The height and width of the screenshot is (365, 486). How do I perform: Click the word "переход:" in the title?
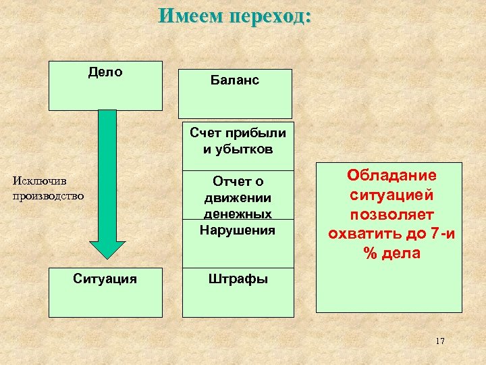point(270,16)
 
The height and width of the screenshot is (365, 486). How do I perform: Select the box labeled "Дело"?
point(105,85)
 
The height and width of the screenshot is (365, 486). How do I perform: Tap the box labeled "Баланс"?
point(234,93)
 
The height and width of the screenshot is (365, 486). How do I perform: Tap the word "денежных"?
point(237,214)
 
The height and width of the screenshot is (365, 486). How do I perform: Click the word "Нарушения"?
point(237,230)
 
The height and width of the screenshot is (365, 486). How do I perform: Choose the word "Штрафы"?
point(237,278)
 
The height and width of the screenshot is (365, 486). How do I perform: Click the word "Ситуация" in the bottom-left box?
point(105,278)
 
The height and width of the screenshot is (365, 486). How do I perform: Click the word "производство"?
point(48,196)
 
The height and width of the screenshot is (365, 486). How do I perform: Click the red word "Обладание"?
point(391,175)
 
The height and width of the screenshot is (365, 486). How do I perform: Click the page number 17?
point(440,341)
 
